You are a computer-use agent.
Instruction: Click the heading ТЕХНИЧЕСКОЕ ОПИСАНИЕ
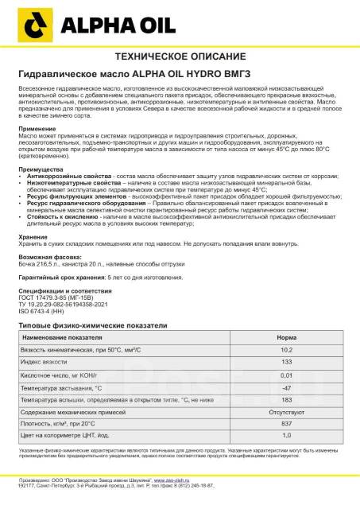pyautogui.click(x=179, y=58)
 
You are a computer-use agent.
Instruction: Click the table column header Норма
pyautogui.click(x=292, y=360)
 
